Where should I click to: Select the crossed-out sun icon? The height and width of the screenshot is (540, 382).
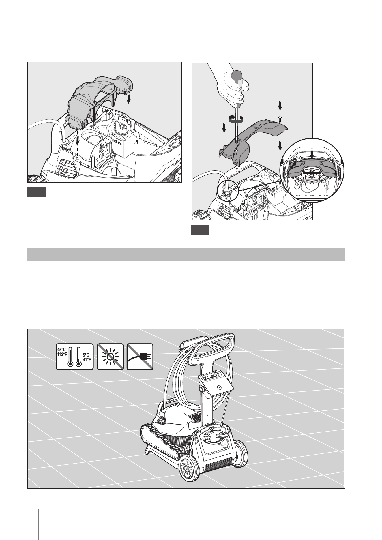tap(111, 357)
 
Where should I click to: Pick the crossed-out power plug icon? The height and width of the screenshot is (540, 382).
tap(140, 357)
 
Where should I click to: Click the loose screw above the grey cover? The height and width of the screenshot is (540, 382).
tap(280, 118)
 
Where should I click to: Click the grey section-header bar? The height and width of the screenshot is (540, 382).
tap(186, 254)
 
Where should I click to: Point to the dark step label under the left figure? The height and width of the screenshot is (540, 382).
tap(37, 192)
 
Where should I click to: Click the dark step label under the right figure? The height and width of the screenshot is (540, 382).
tap(200, 230)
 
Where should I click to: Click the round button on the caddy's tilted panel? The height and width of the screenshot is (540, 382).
tap(218, 388)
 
